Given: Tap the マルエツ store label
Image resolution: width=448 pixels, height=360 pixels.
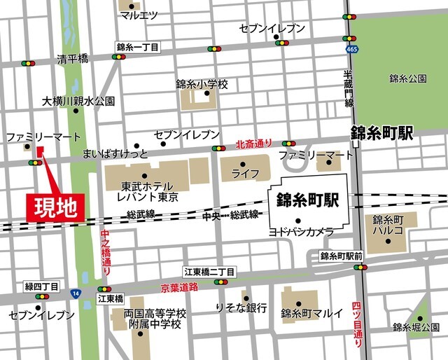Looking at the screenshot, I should [x=139, y=15].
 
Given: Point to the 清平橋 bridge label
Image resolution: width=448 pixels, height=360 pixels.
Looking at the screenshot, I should [x=73, y=60].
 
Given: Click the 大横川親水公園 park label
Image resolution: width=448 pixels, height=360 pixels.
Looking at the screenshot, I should [x=78, y=101].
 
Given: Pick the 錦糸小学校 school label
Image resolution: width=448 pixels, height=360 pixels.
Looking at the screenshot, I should [x=202, y=84].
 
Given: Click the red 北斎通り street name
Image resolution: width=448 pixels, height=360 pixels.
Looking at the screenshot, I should [x=254, y=143].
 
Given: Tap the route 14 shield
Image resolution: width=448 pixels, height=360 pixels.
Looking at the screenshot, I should [x=75, y=292].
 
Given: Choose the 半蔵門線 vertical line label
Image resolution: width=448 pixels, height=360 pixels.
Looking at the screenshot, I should [x=348, y=88].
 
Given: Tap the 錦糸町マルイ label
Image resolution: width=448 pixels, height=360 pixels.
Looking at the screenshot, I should [x=311, y=312].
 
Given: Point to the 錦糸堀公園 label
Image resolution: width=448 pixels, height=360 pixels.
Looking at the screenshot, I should [x=416, y=327].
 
